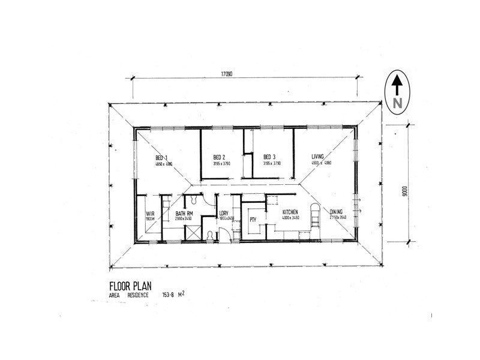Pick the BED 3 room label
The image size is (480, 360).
[x=269, y=157]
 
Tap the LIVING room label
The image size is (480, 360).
[x=318, y=157]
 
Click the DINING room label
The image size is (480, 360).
[x=337, y=211]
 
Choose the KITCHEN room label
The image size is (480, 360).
[x=291, y=212]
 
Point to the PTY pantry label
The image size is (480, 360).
[x=253, y=220]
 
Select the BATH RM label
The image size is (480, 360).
[x=184, y=214]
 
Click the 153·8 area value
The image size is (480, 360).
[x=171, y=295]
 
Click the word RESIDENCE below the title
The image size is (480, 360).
[x=136, y=295]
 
